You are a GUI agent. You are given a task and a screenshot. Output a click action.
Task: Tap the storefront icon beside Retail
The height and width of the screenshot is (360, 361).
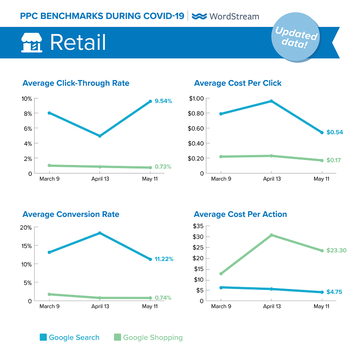[31, 42]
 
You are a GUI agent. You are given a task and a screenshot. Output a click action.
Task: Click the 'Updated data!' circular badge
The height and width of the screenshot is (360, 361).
[295, 39]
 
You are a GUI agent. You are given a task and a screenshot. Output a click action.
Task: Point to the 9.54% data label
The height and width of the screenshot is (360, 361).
[163, 101]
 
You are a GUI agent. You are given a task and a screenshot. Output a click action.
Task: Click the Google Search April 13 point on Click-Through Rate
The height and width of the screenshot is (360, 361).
[99, 136]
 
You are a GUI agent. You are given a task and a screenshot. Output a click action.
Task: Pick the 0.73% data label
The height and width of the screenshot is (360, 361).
[163, 167]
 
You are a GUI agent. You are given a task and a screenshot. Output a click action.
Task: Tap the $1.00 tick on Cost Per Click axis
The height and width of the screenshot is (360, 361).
[197, 98]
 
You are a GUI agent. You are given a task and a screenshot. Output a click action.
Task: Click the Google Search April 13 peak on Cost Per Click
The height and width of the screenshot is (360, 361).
[271, 101]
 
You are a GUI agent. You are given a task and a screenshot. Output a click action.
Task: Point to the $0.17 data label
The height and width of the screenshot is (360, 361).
[333, 160]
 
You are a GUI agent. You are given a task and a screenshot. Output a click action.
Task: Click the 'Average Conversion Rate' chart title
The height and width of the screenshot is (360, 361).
[71, 214]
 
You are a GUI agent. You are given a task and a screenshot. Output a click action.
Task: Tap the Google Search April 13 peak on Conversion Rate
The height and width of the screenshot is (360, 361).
[99, 233]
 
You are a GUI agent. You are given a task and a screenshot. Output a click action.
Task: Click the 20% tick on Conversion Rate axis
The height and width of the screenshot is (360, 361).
[26, 227]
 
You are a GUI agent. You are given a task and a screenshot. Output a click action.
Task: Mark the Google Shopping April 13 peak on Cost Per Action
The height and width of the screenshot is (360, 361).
[271, 235]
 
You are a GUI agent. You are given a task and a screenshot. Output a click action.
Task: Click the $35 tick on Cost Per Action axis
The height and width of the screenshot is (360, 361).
[198, 226]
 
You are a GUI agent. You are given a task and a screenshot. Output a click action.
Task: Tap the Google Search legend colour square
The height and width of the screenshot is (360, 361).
[43, 338]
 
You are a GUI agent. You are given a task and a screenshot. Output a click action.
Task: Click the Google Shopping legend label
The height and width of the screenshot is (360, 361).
[153, 338]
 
